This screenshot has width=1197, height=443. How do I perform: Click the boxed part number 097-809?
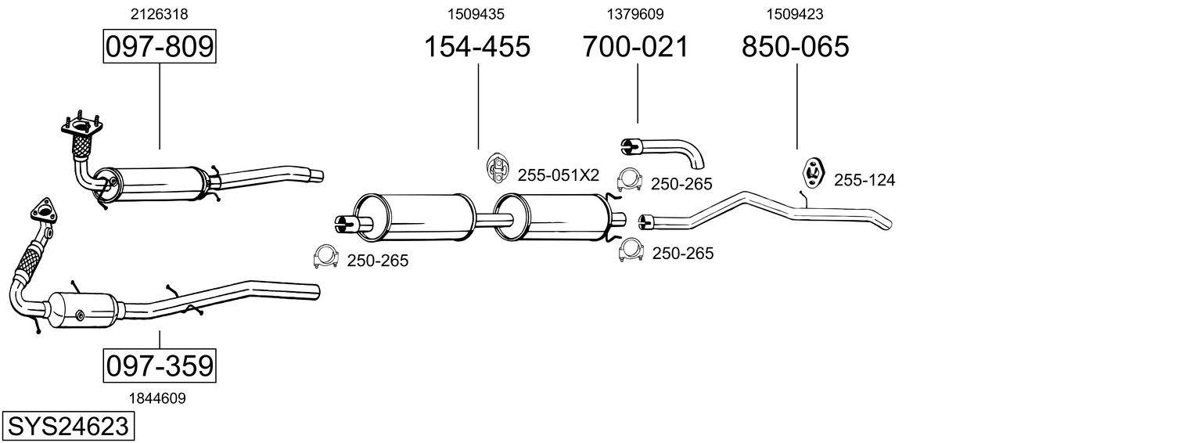(x=159, y=47)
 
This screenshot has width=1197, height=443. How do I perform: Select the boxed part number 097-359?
(x=159, y=366)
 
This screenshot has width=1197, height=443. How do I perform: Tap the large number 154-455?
(x=477, y=47)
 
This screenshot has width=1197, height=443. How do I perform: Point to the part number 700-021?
(x=635, y=47)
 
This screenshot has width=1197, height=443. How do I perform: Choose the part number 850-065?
(x=795, y=47)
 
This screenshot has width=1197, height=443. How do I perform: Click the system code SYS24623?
(x=67, y=427)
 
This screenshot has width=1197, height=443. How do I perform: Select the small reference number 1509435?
(x=476, y=13)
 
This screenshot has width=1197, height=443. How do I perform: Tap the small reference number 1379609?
(x=635, y=13)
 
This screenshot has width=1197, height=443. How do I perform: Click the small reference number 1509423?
(x=795, y=13)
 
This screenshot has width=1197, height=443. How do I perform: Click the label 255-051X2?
(x=558, y=175)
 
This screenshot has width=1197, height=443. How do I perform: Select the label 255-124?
(x=864, y=181)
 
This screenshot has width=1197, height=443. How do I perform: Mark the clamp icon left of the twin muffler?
(x=325, y=257)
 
